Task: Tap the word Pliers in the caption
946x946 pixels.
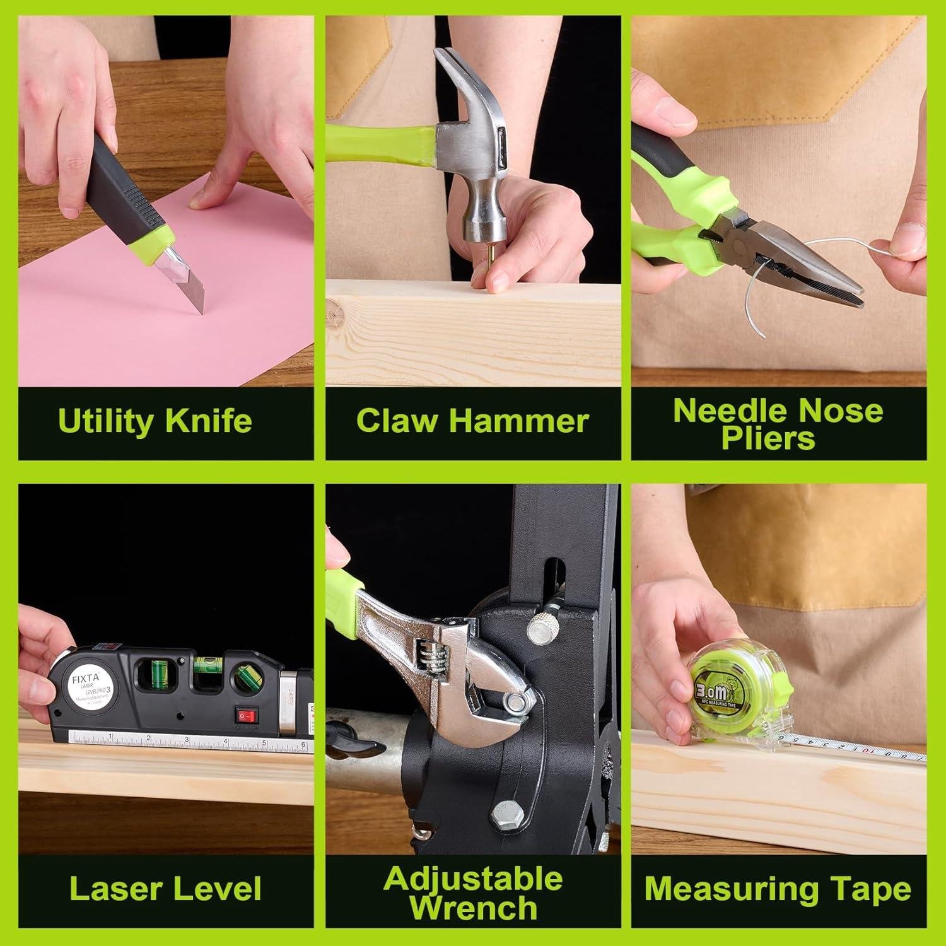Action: (x=768, y=439)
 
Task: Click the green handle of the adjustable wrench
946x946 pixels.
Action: (x=344, y=605)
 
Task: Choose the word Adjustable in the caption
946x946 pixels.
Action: (x=472, y=879)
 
